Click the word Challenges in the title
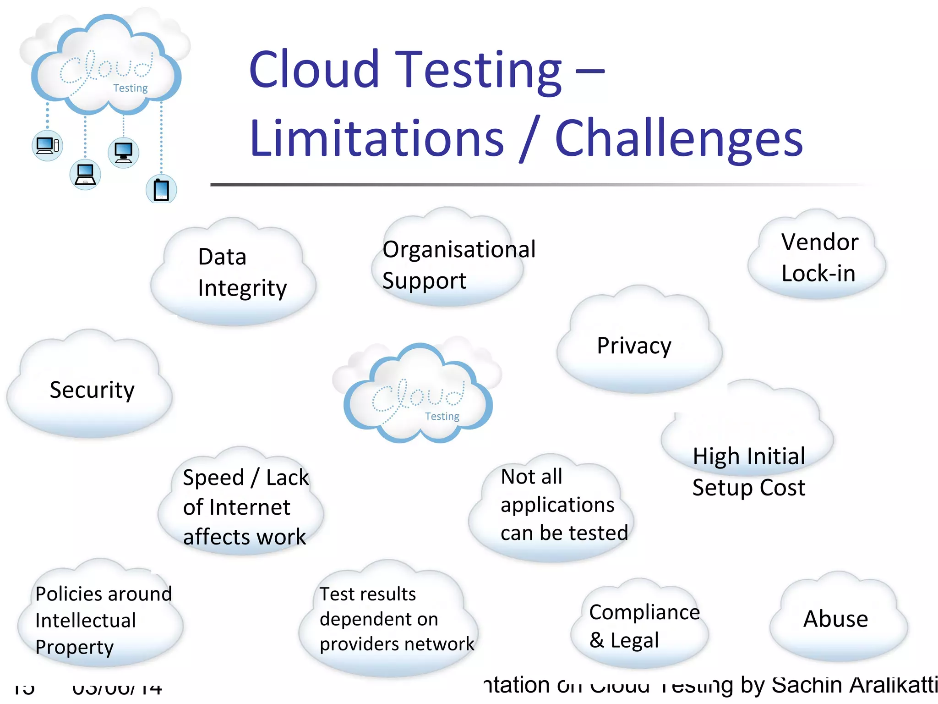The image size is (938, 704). pos(679,138)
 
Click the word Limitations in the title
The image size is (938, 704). pos(376,138)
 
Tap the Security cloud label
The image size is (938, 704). pos(92,390)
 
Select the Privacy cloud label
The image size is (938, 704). pos(634,346)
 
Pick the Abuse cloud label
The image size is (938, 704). pos(835,619)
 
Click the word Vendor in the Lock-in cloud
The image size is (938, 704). pos(819,242)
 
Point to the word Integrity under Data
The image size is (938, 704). pos(242,289)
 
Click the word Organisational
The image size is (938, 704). pos(459,250)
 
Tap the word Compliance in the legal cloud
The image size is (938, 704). pos(644,612)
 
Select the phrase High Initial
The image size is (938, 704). pos(748,456)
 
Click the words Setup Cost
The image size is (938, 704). pos(748,487)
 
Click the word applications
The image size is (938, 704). pos(557,505)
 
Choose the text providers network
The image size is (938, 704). pos(397,644)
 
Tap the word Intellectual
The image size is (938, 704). pos(86,621)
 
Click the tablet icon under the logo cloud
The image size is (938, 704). pos(161,190)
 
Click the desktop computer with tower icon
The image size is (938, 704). pos(48,146)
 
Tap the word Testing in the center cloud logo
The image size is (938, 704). pos(442,416)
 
